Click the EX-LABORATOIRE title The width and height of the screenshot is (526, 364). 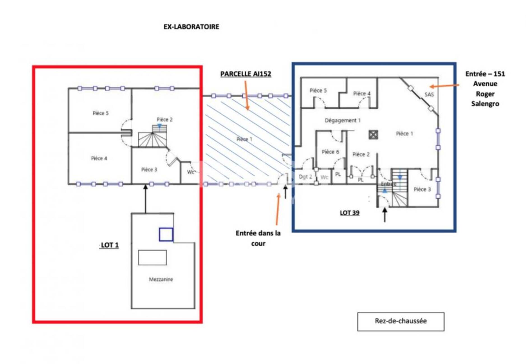point(191,27)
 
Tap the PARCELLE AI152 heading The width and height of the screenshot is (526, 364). point(246,74)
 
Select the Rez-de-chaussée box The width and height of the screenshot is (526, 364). point(401,322)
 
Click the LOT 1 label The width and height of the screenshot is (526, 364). point(110,245)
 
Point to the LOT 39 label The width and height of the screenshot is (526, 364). point(350,213)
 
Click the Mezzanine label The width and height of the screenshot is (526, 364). point(161,279)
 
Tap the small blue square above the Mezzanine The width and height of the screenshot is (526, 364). point(166,234)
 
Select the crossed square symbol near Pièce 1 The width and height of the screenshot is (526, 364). point(373,135)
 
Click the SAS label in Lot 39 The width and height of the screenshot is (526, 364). point(429,94)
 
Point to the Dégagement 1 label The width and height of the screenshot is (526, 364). point(343,120)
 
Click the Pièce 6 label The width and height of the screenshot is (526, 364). point(330,152)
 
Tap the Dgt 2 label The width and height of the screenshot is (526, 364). point(305,177)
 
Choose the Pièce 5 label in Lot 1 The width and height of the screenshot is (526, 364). point(101,113)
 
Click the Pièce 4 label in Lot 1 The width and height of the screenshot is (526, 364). point(99,158)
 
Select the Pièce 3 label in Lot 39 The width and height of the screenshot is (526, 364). point(422,189)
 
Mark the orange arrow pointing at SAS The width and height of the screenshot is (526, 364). point(444,86)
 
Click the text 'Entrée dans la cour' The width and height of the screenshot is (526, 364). point(258,238)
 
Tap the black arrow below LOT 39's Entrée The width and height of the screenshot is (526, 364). point(385,215)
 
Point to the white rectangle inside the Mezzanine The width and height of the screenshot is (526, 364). point(152,258)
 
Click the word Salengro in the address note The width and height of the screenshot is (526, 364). point(485,104)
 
